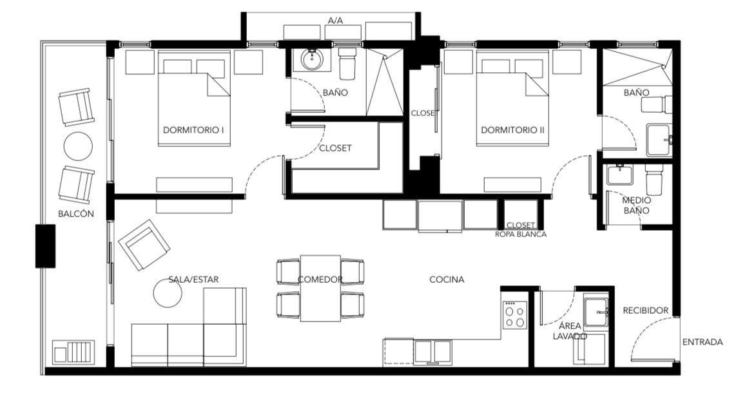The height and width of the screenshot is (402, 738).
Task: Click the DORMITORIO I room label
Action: click(193, 129)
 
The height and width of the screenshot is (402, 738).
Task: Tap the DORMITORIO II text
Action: click(512, 129)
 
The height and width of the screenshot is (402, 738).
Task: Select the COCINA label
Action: click(447, 280)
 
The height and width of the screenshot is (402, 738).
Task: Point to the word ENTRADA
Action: click(703, 342)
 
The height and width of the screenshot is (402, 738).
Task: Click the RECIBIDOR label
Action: click(645, 311)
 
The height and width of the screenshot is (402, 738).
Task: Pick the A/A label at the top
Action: click(335, 21)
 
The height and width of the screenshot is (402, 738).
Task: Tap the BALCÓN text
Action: click(76, 213)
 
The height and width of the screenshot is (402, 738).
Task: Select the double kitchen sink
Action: click(432, 352)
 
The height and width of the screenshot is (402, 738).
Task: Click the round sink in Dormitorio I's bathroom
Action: click(311, 60)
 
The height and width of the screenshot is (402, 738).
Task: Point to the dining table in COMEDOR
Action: click(320, 288)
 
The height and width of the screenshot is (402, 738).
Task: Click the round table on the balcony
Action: click(77, 146)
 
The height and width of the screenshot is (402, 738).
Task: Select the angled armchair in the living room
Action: click(144, 245)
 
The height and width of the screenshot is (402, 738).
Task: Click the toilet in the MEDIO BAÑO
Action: click(654, 179)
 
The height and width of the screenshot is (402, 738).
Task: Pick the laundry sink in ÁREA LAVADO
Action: click(596, 312)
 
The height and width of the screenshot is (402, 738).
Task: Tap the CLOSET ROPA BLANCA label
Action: click(521, 229)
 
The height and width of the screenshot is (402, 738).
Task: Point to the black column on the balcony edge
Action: click(45, 246)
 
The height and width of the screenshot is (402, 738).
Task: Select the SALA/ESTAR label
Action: click(193, 280)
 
